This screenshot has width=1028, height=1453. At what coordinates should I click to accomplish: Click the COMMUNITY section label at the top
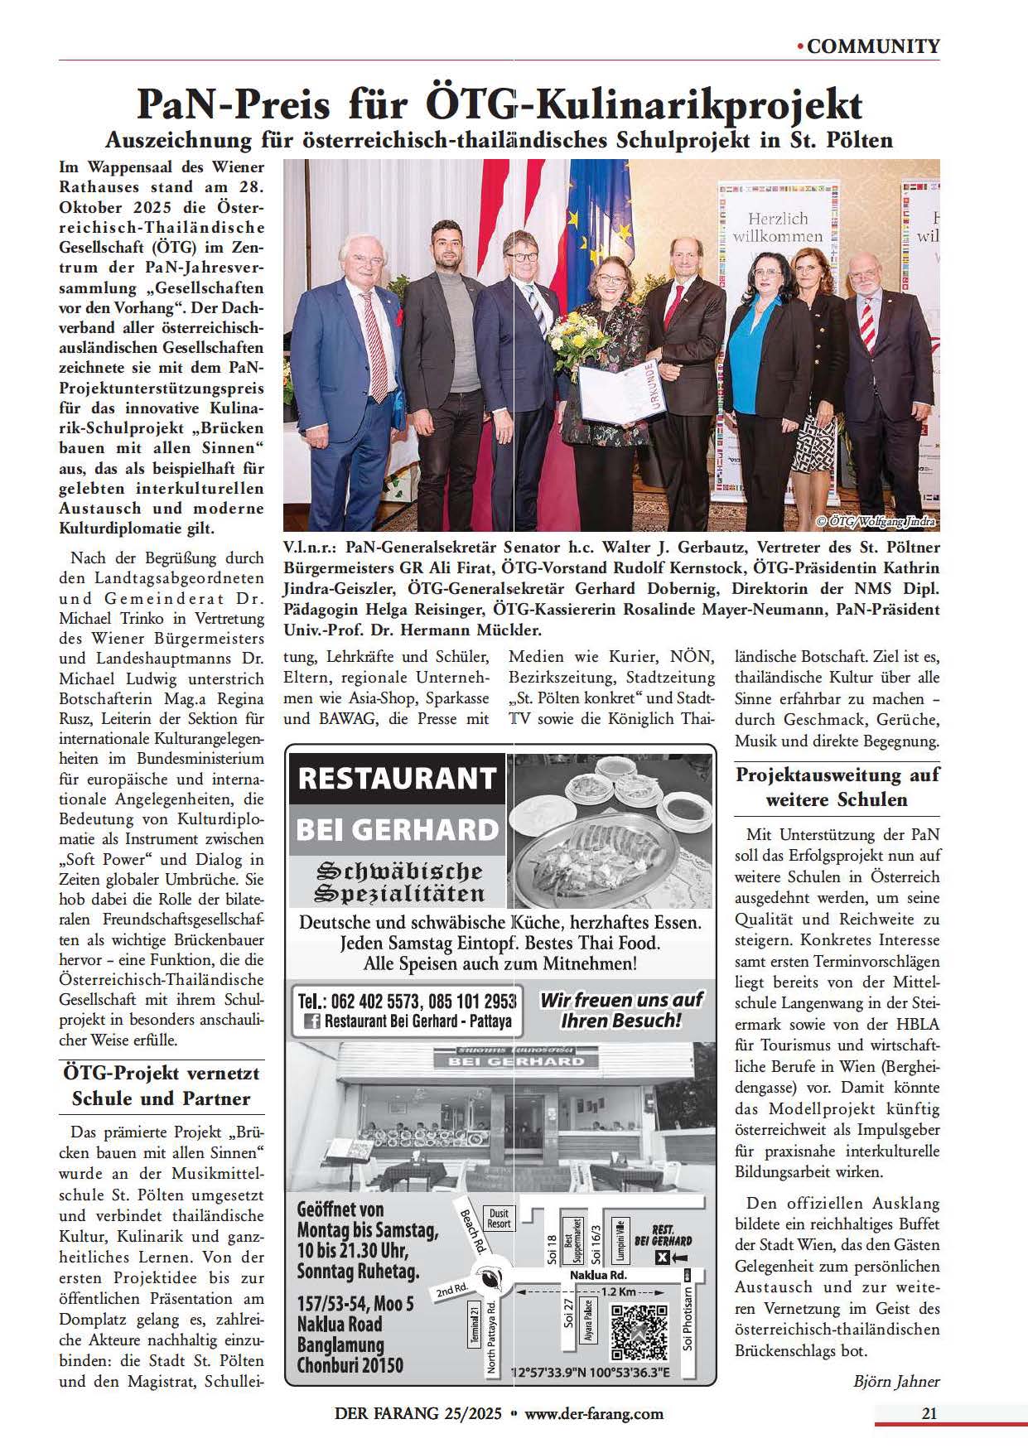[873, 46]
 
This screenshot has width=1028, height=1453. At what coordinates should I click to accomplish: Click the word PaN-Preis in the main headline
[233, 105]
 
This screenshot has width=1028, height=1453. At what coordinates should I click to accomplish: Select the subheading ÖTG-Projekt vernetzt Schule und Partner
[162, 1086]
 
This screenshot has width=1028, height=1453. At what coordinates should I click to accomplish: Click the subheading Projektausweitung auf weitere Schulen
[837, 788]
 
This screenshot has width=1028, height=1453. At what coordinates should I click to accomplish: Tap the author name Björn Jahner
[896, 1381]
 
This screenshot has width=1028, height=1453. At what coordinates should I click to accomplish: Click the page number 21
[929, 1414]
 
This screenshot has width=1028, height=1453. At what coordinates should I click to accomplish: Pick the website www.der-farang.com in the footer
[593, 1414]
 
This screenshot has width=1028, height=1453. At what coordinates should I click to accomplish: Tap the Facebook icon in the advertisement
[312, 1021]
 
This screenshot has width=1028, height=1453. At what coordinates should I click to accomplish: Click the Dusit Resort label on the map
[499, 1219]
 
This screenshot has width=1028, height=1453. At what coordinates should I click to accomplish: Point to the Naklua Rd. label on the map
[598, 1276]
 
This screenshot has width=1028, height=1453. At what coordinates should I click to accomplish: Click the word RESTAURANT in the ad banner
[397, 780]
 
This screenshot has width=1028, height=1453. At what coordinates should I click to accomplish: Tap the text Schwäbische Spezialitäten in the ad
[399, 882]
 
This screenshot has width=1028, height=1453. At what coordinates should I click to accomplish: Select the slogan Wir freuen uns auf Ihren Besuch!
[620, 1010]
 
